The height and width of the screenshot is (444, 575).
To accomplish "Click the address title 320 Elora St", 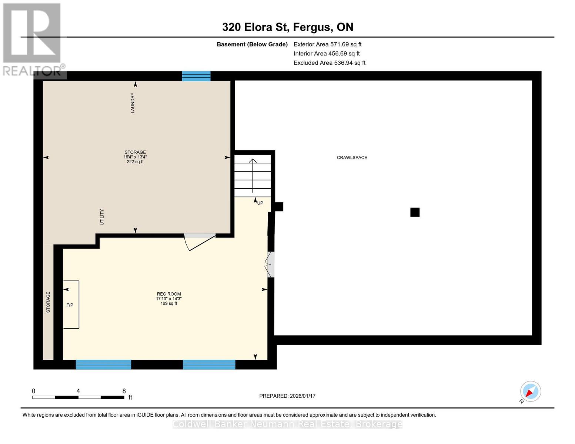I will coord(288,27).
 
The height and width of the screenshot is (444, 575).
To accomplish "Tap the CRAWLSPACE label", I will coord(352,158).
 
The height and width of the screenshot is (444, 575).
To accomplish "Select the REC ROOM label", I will coord(169,294).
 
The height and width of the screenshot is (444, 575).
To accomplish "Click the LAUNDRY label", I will coord(133,103).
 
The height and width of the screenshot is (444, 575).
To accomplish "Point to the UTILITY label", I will coord(102,217).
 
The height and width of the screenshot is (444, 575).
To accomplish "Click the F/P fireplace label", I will coord(70,305).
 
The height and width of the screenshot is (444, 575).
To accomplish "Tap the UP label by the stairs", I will coord(260,203).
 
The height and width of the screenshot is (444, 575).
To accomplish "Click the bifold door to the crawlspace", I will coord(270,265).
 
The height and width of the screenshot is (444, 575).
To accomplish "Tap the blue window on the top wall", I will coord(196,76).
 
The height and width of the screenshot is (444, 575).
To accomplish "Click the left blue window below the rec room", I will coord(103,365).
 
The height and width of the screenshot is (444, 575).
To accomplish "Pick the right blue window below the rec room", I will coord(209,365).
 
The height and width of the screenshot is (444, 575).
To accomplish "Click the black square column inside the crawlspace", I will coord(415,212).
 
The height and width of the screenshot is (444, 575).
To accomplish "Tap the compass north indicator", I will coord(530,391).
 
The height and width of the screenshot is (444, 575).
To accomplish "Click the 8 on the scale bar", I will coord(124,391).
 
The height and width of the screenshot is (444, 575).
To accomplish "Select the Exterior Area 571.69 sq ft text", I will coord(327,44).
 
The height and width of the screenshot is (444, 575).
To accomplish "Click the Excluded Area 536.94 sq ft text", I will coord(329,63).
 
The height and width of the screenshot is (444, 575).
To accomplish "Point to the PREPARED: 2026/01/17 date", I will coord(287,396).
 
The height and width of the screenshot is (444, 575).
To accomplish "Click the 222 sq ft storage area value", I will coord(135,162).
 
